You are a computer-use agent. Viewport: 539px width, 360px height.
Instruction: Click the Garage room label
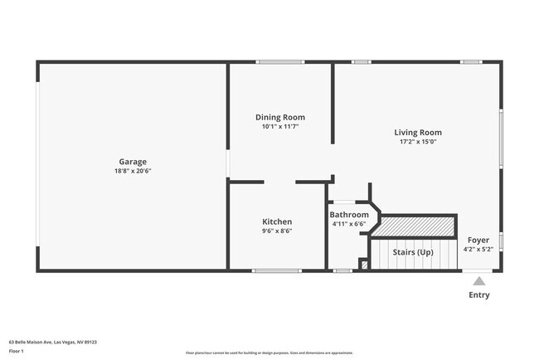click(133, 162)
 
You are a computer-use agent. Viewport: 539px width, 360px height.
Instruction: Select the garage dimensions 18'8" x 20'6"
click(133, 171)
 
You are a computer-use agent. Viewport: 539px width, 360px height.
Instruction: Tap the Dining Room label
click(279, 118)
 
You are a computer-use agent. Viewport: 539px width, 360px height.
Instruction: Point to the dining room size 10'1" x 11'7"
click(279, 127)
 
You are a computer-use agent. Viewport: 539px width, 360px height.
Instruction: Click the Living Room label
click(417, 132)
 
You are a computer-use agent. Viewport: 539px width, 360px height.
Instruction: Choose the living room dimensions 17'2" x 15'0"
click(417, 141)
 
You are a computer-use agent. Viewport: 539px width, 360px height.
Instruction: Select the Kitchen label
click(277, 221)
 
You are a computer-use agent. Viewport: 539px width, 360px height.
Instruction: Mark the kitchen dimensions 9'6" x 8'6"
click(277, 231)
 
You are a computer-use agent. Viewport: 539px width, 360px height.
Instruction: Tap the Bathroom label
click(349, 215)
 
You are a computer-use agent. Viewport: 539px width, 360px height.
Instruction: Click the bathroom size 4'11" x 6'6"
click(348, 224)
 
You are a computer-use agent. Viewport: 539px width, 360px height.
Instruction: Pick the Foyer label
click(478, 240)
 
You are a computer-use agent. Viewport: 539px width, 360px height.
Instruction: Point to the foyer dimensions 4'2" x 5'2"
click(478, 249)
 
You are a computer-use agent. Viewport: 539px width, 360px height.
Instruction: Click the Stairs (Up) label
click(413, 252)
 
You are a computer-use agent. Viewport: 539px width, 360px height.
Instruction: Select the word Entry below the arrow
click(479, 294)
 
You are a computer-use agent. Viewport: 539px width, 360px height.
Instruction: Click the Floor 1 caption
click(16, 351)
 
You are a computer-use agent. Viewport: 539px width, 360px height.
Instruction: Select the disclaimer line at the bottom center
click(269, 353)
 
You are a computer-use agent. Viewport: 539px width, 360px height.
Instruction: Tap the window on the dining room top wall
click(279, 61)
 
